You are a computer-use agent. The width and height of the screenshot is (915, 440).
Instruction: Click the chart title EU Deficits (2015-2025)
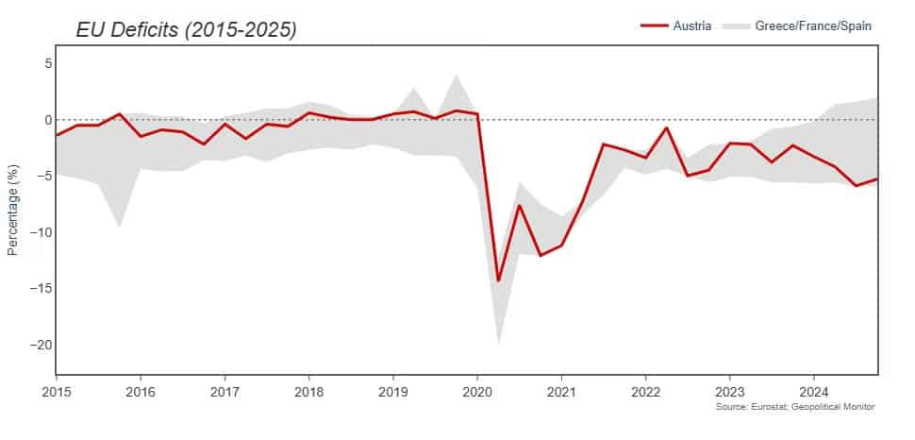(186, 30)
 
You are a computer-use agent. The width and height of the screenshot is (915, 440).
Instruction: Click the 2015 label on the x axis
(57, 391)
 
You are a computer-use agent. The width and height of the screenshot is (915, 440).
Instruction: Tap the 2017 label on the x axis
(225, 391)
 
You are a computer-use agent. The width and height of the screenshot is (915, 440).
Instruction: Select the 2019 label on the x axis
(393, 391)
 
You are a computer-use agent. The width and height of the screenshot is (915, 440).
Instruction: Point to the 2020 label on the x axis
(477, 391)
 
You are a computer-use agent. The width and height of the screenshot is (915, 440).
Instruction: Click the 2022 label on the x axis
(646, 391)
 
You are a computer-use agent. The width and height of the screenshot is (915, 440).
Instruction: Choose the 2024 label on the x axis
(814, 391)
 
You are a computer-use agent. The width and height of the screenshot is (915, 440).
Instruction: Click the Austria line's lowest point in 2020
(498, 280)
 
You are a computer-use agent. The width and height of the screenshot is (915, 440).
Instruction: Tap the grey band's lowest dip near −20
(498, 344)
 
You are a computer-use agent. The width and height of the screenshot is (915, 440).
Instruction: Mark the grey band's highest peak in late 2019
(457, 75)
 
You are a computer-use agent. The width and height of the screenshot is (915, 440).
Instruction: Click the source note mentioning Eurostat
(795, 406)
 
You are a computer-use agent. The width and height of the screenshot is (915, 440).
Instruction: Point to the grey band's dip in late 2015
(119, 227)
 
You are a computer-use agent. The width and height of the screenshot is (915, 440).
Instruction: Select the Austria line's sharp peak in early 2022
(667, 127)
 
